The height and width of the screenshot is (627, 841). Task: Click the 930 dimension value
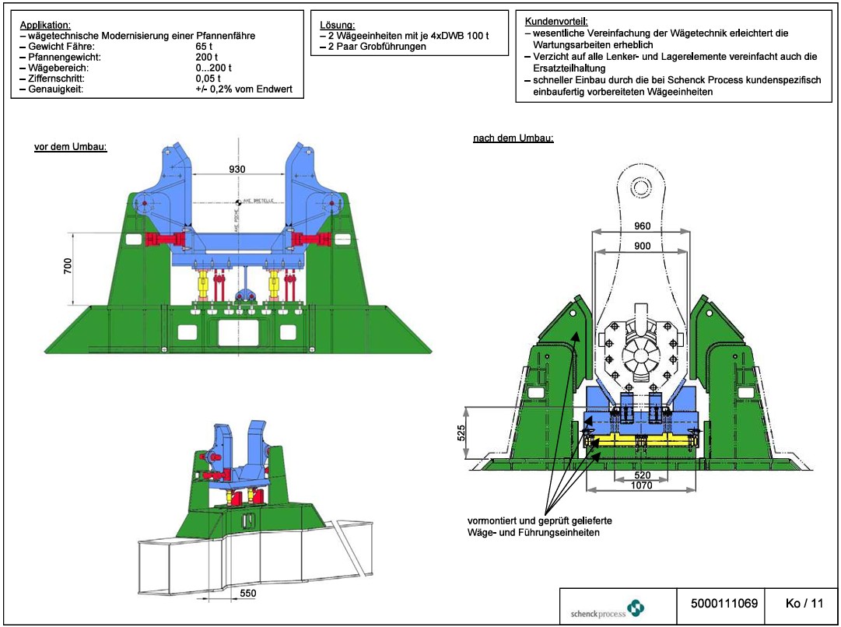237,169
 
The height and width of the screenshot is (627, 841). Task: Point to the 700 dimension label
68,268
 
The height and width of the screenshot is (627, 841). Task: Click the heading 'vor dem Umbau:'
71,147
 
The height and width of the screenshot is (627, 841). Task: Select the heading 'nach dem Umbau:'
513,138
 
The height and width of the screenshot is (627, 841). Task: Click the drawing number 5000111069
724,603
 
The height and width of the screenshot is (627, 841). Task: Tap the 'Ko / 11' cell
804,603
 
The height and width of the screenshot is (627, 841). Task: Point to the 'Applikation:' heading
45,25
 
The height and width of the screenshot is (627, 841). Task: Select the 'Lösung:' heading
338,25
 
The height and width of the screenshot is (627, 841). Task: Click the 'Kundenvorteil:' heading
557,21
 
